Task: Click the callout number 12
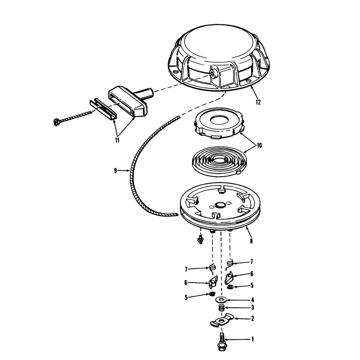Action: [258, 102]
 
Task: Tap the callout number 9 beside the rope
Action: [115, 171]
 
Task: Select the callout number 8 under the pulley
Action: [251, 241]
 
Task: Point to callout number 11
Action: [117, 140]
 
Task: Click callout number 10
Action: [259, 145]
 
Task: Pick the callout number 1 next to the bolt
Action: [252, 339]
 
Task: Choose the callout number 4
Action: [252, 300]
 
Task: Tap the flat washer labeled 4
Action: [221, 300]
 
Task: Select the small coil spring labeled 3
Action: [221, 308]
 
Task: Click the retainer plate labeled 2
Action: [221, 320]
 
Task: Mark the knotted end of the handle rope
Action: [56, 122]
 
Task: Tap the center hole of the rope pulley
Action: [220, 204]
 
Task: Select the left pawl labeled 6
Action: [213, 282]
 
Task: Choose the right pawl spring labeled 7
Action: [230, 263]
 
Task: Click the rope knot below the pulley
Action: [200, 240]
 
